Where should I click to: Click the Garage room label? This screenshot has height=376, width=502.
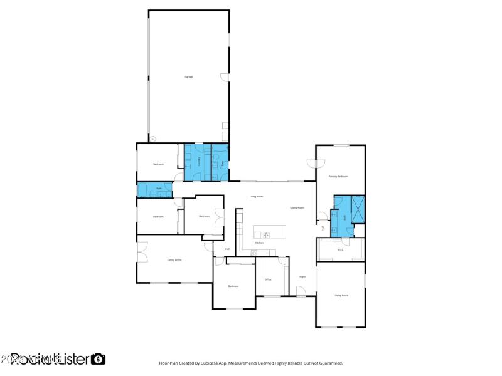click(x=188, y=76)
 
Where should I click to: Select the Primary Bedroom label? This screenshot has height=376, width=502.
click(x=339, y=177)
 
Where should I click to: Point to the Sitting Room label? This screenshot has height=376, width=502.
click(x=297, y=207)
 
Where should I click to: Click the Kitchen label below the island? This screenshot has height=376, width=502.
click(x=259, y=243)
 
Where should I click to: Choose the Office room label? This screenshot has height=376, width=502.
click(x=268, y=279)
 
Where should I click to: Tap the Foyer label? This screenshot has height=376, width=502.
click(x=302, y=276)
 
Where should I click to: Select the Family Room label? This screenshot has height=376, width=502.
click(x=174, y=259)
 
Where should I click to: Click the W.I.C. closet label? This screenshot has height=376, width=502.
click(x=340, y=250)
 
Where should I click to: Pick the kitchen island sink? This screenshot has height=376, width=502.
click(x=266, y=235)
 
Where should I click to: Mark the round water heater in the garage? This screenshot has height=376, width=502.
click(x=152, y=138)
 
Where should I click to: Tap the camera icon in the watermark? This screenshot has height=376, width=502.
click(x=99, y=359)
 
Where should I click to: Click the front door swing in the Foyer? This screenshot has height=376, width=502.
click(x=301, y=291)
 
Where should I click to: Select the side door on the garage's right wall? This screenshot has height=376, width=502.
click(x=225, y=78)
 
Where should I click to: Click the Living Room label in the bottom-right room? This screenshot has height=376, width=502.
click(x=341, y=295)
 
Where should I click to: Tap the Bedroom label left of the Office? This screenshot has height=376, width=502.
click(x=233, y=286)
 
